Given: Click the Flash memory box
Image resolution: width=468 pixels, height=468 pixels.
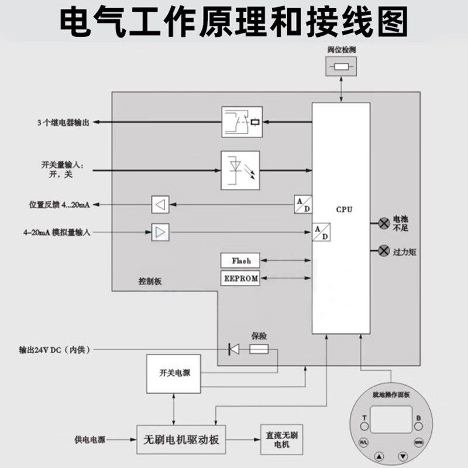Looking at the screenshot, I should pos(241,261).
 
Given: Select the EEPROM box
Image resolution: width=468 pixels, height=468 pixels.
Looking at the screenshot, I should pos(241,278).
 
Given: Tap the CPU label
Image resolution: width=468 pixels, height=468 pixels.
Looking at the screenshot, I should pos(345,209).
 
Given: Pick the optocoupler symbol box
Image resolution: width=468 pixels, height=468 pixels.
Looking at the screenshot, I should pos(240,170).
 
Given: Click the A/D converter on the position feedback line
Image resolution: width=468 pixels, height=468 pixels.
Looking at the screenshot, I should pos(303,204).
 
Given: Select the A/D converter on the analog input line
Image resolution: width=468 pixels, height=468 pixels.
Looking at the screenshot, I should pos(320,232).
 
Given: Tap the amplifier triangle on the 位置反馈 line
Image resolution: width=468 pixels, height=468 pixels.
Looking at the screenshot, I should pos(160,204).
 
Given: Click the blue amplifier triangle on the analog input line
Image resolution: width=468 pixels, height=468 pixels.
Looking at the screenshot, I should pos(160,233).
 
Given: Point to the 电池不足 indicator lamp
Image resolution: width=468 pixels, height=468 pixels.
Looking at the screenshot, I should pos(384,223).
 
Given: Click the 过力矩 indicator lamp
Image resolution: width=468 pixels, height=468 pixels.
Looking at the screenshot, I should pos(384,251).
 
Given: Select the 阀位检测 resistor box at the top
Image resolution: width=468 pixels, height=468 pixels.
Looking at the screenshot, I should pos(341,68).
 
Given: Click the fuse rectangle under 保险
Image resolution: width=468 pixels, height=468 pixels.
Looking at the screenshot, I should pos(259,350).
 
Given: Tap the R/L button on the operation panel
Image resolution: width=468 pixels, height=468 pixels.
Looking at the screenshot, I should pos(363,442).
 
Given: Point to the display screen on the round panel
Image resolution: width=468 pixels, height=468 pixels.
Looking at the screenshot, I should pos(391,422).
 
